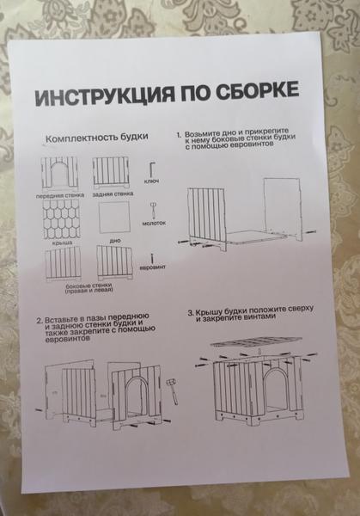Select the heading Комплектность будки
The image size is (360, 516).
click(x=96, y=138)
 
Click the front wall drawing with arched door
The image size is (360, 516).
click(x=59, y=174)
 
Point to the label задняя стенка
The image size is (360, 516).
click(x=113, y=194)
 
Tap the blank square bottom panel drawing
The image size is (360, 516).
click(x=114, y=218)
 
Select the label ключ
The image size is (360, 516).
click(x=151, y=181)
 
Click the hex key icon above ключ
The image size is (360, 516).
click(x=151, y=169)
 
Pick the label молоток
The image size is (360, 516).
click(x=154, y=224)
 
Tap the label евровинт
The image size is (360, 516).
click(x=152, y=267)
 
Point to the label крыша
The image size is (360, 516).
click(x=62, y=243)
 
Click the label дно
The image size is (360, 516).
click(x=115, y=240)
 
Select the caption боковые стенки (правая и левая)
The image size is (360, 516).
click(x=88, y=287)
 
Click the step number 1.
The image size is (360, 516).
click(x=179, y=135)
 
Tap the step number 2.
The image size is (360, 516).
click(x=40, y=321)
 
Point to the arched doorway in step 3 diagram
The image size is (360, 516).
click(x=276, y=390)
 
